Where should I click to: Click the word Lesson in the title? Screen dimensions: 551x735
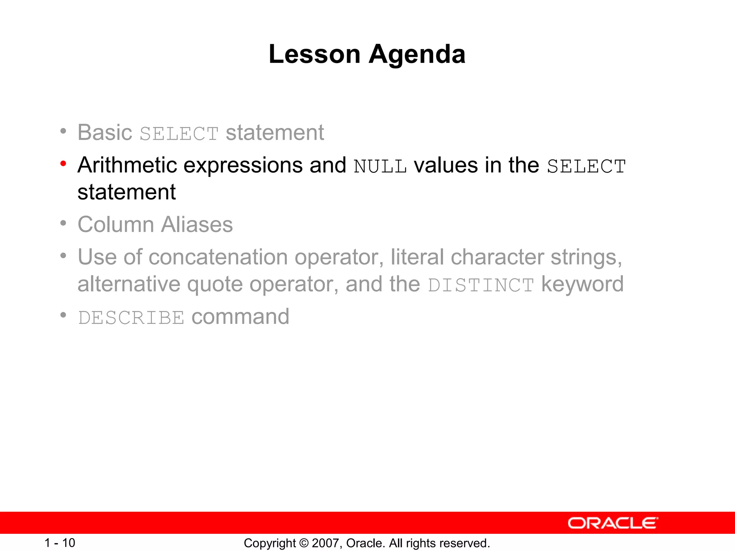point(314,55)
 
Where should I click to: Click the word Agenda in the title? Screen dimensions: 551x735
point(417,55)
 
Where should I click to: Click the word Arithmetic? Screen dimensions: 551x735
point(127,165)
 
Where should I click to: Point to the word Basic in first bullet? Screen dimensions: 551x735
point(105,132)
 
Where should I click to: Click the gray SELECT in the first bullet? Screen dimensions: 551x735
point(179,134)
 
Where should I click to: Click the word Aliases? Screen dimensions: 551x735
point(197,225)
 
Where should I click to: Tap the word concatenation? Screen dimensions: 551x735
point(218,258)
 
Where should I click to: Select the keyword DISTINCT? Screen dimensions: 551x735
point(481,286)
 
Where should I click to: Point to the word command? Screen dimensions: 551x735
point(240,317)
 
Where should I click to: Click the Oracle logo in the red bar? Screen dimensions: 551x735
point(613,523)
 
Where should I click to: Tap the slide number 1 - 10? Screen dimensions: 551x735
point(60,543)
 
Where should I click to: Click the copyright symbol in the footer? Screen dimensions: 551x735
point(304,543)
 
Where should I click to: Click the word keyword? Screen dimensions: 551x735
point(582,284)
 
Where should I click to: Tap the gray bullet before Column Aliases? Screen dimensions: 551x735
point(64,223)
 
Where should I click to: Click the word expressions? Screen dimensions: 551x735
point(243,165)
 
